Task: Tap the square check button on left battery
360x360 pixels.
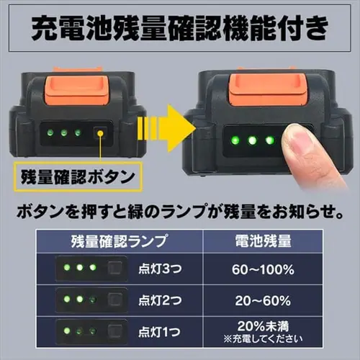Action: click(101, 132)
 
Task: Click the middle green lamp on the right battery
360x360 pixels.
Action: click(252, 140)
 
